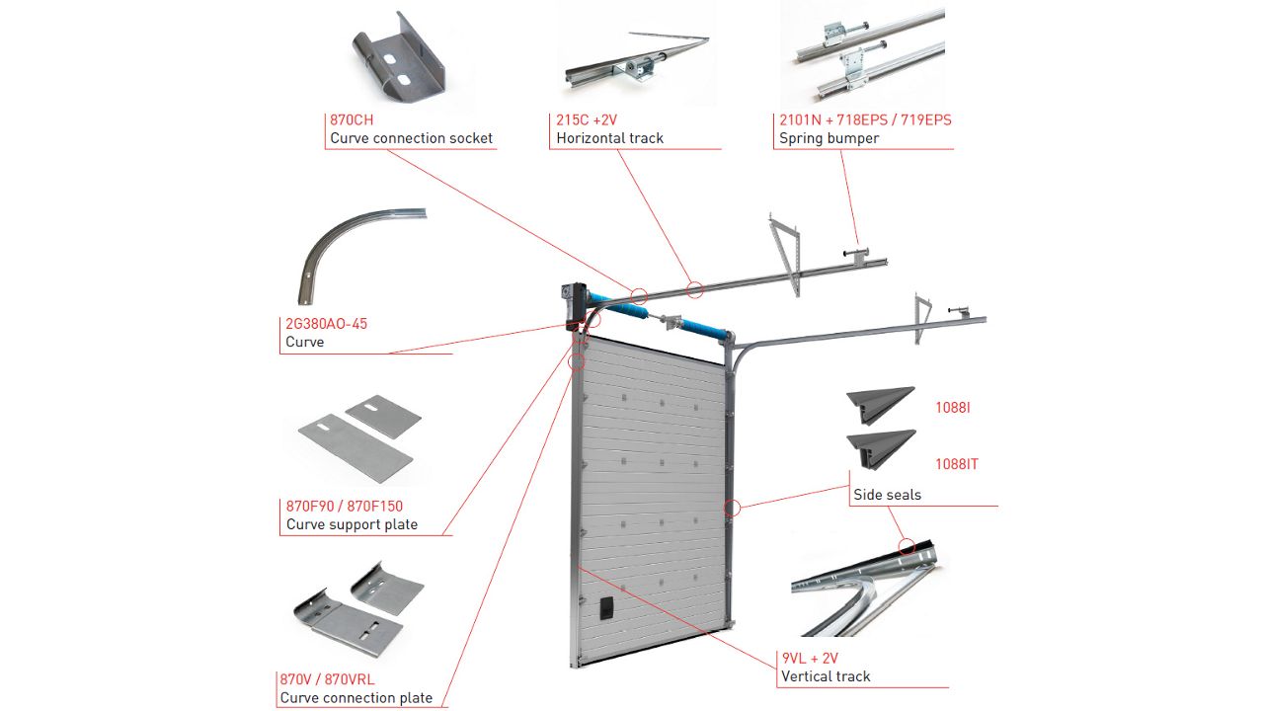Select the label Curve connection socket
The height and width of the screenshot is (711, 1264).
411,138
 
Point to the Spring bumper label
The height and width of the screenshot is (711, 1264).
829,138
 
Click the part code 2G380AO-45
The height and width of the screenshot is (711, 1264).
326,324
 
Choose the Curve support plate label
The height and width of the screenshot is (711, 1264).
352,524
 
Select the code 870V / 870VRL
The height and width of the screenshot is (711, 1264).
327,679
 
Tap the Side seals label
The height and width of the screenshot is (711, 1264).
887,495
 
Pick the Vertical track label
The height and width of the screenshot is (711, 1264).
826,676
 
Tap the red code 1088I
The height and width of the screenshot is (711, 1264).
952,407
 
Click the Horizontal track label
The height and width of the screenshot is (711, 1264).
609,138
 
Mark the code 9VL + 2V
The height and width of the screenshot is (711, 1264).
809,658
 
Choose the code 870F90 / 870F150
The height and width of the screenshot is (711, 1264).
344,507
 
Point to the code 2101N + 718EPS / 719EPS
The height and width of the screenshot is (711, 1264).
865,120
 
